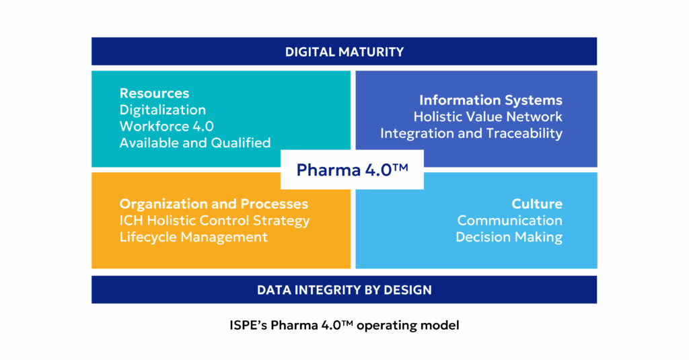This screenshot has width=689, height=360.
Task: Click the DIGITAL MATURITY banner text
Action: (x=344, y=52)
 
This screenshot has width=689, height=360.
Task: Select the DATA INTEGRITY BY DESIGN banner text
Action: (x=344, y=290)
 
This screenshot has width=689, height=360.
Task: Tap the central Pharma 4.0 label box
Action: (x=352, y=170)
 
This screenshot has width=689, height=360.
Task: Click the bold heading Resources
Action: (x=154, y=94)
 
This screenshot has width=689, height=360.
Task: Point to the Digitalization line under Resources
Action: (x=162, y=110)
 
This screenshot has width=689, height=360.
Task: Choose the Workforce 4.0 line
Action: (x=166, y=126)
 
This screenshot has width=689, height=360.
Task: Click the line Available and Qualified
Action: (x=195, y=142)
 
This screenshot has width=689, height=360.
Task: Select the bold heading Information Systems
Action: (x=491, y=100)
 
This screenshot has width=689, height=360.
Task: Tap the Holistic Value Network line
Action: (x=488, y=116)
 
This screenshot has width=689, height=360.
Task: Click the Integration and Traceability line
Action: (x=471, y=133)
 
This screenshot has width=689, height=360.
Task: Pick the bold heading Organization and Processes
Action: (x=214, y=204)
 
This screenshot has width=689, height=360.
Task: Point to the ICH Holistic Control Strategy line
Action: (x=215, y=220)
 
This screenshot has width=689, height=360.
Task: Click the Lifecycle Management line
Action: (x=193, y=237)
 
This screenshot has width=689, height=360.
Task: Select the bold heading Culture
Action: (x=536, y=204)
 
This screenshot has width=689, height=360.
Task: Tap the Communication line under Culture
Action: (x=509, y=220)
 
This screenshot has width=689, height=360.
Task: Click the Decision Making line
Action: (x=509, y=237)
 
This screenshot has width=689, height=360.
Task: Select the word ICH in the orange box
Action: (x=132, y=220)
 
